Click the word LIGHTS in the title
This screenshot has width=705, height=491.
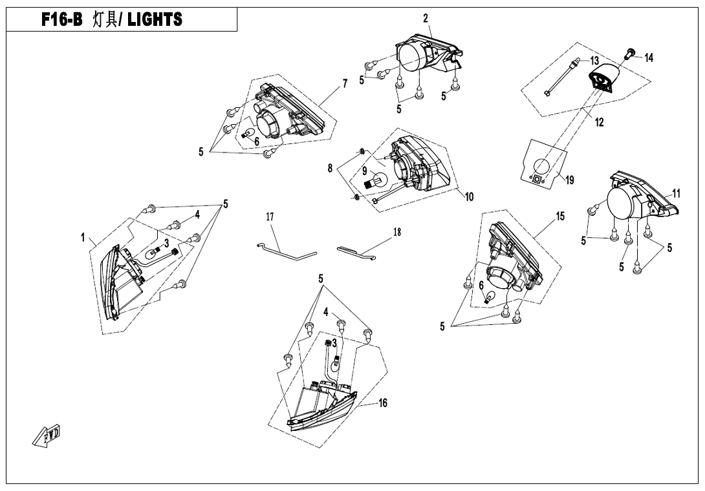click(x=155, y=20)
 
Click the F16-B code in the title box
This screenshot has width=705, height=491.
click(x=63, y=20)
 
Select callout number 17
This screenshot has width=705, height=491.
click(x=270, y=218)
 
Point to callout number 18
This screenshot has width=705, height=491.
click(x=397, y=232)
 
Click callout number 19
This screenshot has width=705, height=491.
click(x=569, y=180)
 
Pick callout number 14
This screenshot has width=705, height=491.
click(x=649, y=58)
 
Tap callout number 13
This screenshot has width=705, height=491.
click(x=594, y=61)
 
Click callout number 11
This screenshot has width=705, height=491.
click(x=676, y=193)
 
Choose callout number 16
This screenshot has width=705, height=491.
click(x=383, y=403)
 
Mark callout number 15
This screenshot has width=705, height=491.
click(x=560, y=216)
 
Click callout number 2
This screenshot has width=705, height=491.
click(x=426, y=18)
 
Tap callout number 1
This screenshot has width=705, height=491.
click(x=83, y=238)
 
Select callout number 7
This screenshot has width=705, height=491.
click(x=345, y=83)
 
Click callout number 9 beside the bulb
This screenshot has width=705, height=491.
click(x=364, y=172)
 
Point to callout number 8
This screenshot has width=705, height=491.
click(x=331, y=168)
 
